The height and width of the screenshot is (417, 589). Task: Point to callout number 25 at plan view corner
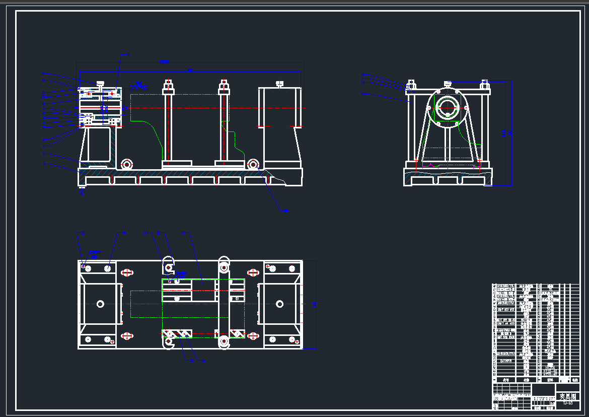point(83,233)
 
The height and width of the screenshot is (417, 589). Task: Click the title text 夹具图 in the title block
point(567,397)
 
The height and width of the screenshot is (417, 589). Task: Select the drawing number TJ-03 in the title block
point(567,403)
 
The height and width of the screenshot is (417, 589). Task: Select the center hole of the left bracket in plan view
point(100,304)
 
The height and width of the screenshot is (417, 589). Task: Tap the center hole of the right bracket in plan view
point(279,304)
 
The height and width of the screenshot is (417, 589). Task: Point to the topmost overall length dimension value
point(164,61)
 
